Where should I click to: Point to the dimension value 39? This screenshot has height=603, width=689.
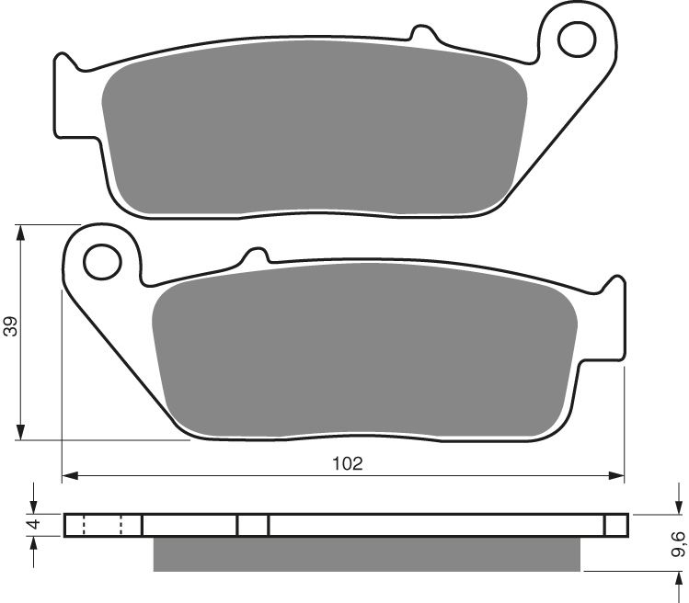click(x=9, y=328)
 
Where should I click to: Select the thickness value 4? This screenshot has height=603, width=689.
click(x=31, y=525)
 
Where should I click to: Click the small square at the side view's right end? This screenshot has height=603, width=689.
click(x=616, y=525)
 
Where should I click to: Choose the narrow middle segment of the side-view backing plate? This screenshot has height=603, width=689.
click(x=253, y=525)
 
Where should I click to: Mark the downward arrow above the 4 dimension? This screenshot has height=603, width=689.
click(x=33, y=506)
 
